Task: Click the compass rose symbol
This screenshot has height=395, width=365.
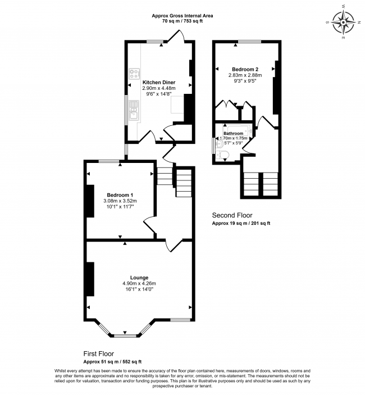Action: tap(344, 23)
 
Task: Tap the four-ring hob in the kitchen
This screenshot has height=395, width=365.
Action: tap(134, 75)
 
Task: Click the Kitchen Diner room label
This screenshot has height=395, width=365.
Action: tap(159, 82)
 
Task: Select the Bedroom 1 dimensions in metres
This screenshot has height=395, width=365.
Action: tap(120, 201)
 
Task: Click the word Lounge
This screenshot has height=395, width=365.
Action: tap(139, 277)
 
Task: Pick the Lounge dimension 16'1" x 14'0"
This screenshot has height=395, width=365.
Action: tap(139, 289)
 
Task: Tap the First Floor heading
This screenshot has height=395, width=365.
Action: tap(99, 354)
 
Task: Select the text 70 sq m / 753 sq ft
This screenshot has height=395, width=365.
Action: tap(182, 21)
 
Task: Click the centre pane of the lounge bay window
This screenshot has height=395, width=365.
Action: tap(125, 336)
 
